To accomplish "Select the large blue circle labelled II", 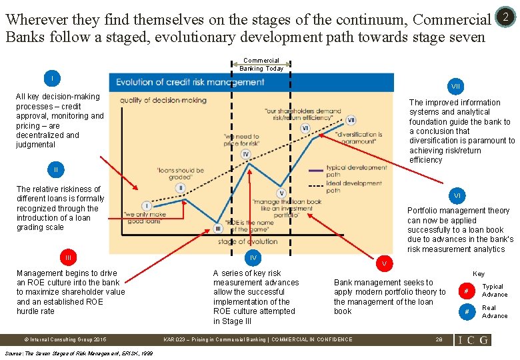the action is tap(56, 170).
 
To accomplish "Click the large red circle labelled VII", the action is tap(456, 86).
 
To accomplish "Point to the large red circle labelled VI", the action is tap(457, 196).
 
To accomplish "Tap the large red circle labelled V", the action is tap(383, 263).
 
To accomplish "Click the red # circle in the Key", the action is tap(467, 290).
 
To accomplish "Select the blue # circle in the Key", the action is tap(467, 311).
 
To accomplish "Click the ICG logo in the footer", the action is tap(473, 339).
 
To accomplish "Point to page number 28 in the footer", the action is tap(438, 339).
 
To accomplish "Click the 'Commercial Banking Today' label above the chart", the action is tap(261, 64).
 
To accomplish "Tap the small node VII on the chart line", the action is tap(351, 120).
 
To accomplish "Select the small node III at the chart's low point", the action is tap(217, 229).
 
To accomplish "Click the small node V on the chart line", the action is tap(281, 193).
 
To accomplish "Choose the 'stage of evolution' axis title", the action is tap(246, 241).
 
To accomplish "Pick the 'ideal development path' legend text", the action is tap(354, 186).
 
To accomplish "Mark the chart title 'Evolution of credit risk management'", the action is tap(191, 82).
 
